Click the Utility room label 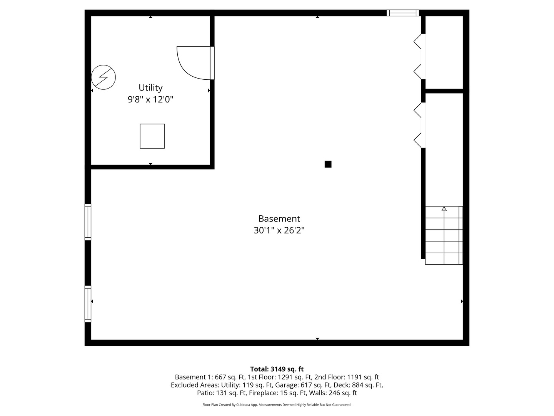tap(150, 87)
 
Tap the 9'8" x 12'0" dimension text tap(150, 99)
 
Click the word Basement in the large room tap(279, 218)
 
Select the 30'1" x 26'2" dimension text tap(279, 230)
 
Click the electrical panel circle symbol tap(103, 77)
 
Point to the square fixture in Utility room tap(152, 136)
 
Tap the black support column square tap(328, 164)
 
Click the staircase tap(444, 235)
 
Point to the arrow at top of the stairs tap(444, 209)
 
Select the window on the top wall tap(403, 13)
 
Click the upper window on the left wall tap(88, 222)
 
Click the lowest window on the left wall tap(88, 304)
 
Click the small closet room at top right tap(444, 52)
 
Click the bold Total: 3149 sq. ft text tap(277, 369)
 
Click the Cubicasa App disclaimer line tap(277, 405)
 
